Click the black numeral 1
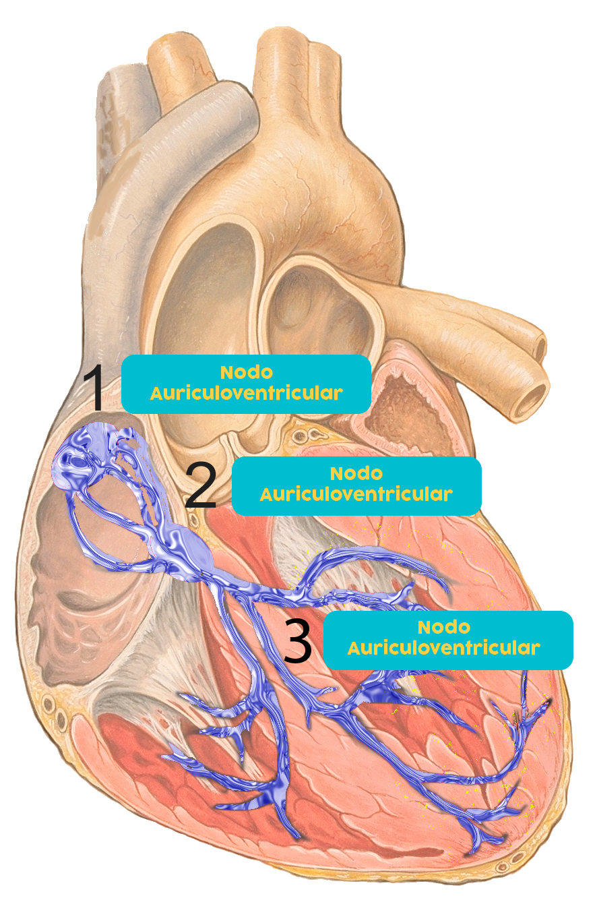click(94, 388)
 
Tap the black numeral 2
click(201, 485)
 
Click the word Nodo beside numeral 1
click(246, 372)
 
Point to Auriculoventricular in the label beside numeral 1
click(246, 393)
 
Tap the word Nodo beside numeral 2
click(356, 473)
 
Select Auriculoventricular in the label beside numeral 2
click(356, 494)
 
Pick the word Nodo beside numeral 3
click(444, 627)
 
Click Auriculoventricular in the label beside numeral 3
click(444, 648)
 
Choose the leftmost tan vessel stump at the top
click(168, 61)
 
